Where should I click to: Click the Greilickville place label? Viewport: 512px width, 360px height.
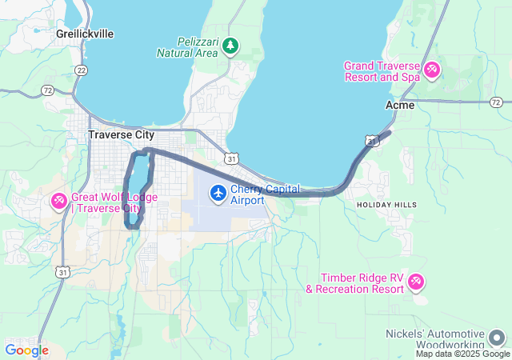click(85, 34)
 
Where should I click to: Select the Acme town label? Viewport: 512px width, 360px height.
click(400, 105)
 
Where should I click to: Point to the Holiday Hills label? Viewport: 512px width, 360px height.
click(386, 205)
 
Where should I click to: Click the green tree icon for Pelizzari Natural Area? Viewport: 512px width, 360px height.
click(230, 45)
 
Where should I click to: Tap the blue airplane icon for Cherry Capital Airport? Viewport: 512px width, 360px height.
click(218, 193)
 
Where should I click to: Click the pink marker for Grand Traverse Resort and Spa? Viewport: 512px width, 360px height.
click(432, 70)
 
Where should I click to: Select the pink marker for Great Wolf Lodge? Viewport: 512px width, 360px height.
click(59, 201)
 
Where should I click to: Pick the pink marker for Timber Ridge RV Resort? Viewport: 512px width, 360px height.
click(415, 282)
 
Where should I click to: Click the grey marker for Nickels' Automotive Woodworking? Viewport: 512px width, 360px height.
click(497, 337)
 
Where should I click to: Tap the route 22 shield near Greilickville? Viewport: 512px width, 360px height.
click(81, 70)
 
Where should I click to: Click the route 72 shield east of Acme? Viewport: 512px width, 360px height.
click(496, 102)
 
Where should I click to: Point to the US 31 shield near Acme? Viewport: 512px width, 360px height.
click(372, 141)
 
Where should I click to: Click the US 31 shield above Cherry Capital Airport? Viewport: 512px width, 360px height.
click(230, 159)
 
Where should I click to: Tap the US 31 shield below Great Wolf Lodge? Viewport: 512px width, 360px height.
click(62, 272)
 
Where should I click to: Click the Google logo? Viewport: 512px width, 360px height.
click(26, 350)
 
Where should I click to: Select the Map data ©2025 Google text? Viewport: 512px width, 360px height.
click(462, 354)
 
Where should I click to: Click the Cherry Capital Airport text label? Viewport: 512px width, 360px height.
click(265, 194)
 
